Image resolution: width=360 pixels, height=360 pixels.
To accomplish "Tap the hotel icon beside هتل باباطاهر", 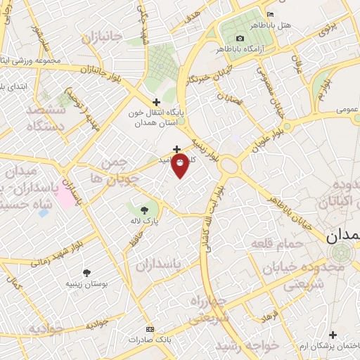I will tap(271, 15).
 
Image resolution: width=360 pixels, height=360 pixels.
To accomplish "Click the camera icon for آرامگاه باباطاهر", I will tap(240, 38).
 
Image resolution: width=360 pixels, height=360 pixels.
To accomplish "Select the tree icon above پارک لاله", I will tap(144, 210).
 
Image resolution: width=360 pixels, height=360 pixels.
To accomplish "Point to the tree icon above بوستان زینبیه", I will tap(86, 272).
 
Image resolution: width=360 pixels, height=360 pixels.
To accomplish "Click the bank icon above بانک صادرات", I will tap(149, 329).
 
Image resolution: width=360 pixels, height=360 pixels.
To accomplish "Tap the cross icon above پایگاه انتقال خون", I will tap(155, 102).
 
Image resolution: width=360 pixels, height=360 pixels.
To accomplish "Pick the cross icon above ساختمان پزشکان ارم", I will tap(333, 335).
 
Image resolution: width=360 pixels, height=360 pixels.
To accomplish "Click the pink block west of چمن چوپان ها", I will tap(65, 196).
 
